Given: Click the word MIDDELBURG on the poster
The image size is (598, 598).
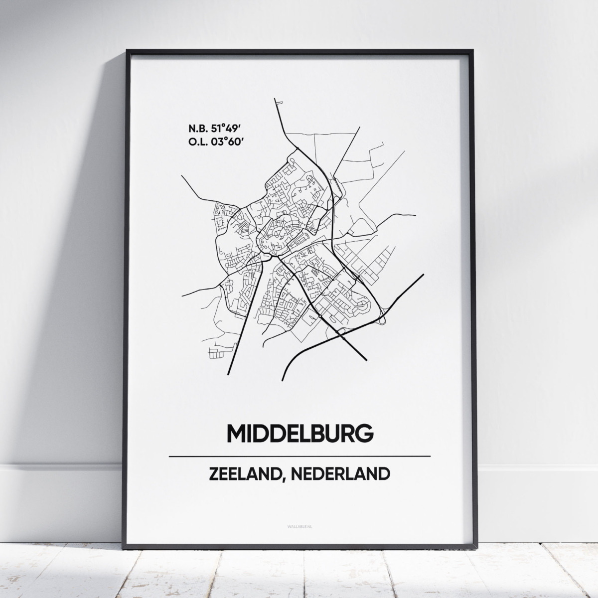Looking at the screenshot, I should (x=300, y=433).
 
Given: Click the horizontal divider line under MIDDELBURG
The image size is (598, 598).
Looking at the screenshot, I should (x=299, y=456).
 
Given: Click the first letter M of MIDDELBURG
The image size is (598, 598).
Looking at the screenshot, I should (x=237, y=433).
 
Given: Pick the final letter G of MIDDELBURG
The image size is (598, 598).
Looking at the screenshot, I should (x=364, y=433).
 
